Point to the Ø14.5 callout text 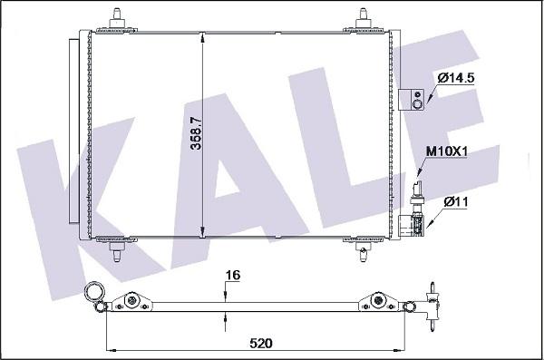click(456, 79)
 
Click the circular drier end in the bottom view click(92, 292)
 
